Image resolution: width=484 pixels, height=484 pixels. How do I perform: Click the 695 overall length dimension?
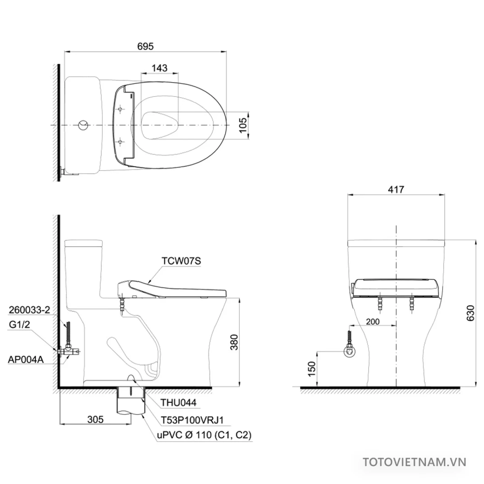click(145, 46)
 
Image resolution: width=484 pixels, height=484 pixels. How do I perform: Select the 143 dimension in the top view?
click(159, 68)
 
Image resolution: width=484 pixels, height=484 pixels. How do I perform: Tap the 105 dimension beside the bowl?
click(243, 125)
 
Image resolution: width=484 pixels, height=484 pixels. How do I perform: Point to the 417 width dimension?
click(396, 189)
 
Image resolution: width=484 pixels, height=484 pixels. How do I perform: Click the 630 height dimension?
click(471, 313)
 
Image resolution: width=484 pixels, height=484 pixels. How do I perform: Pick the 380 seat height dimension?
click(235, 342)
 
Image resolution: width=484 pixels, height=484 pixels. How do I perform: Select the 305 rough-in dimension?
click(95, 419)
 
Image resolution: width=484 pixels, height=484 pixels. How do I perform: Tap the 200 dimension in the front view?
click(373, 322)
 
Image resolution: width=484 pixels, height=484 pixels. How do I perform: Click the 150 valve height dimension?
click(312, 369)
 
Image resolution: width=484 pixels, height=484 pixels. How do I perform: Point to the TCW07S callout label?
click(181, 261)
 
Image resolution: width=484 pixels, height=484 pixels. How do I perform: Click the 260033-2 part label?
click(29, 310)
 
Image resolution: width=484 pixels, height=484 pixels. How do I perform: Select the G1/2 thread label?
click(19, 324)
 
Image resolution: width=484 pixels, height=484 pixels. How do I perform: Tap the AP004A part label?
click(26, 360)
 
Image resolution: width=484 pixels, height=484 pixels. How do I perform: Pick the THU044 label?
click(178, 402)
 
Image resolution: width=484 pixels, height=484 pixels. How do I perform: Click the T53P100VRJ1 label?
click(192, 420)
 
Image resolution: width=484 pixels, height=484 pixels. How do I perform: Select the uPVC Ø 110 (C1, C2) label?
click(204, 435)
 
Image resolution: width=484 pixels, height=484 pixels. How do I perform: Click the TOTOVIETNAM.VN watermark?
click(415, 462)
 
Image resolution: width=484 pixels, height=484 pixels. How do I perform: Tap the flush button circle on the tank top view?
click(83, 125)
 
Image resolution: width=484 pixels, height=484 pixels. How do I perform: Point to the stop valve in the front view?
click(350, 352)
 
